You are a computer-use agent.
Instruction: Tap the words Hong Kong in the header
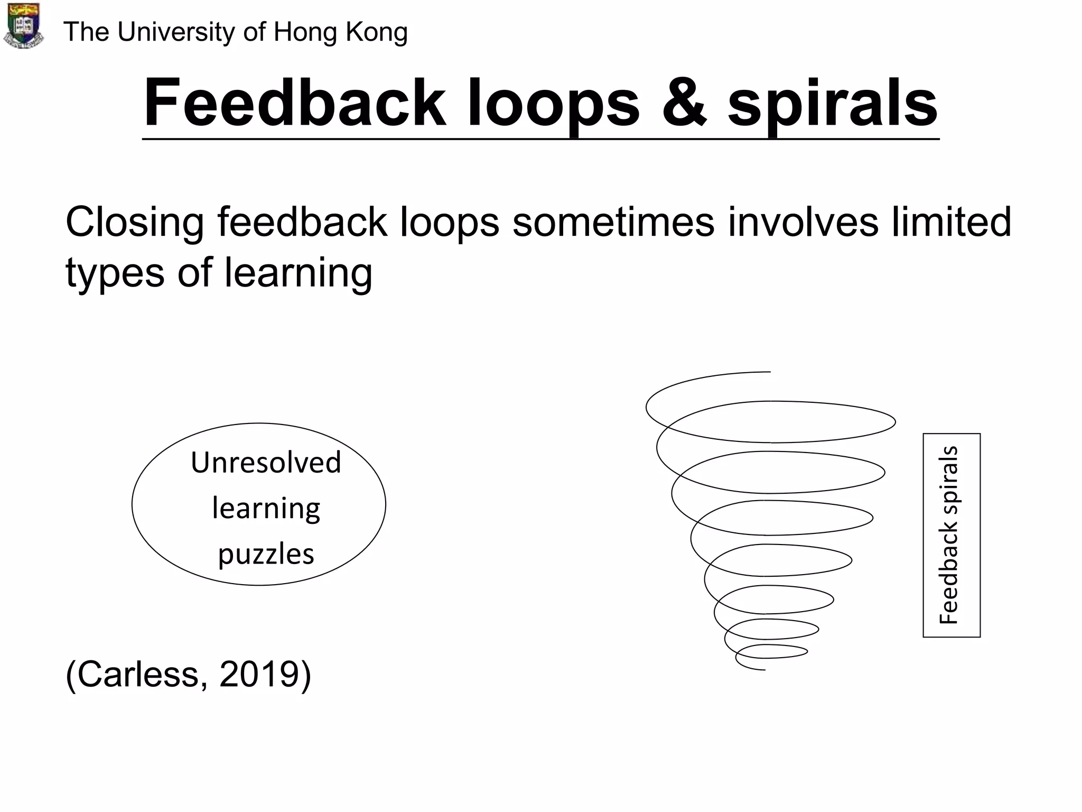click(340, 33)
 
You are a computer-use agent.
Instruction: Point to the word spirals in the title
click(833, 104)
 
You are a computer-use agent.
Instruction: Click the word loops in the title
click(553, 104)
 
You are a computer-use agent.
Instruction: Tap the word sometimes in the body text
click(613, 222)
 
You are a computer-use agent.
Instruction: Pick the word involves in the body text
click(803, 222)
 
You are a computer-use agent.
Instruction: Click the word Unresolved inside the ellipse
click(266, 463)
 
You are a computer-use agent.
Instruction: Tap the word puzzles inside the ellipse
click(266, 555)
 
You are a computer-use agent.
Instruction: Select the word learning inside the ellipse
click(266, 509)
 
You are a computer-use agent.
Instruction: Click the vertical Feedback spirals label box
click(951, 535)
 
